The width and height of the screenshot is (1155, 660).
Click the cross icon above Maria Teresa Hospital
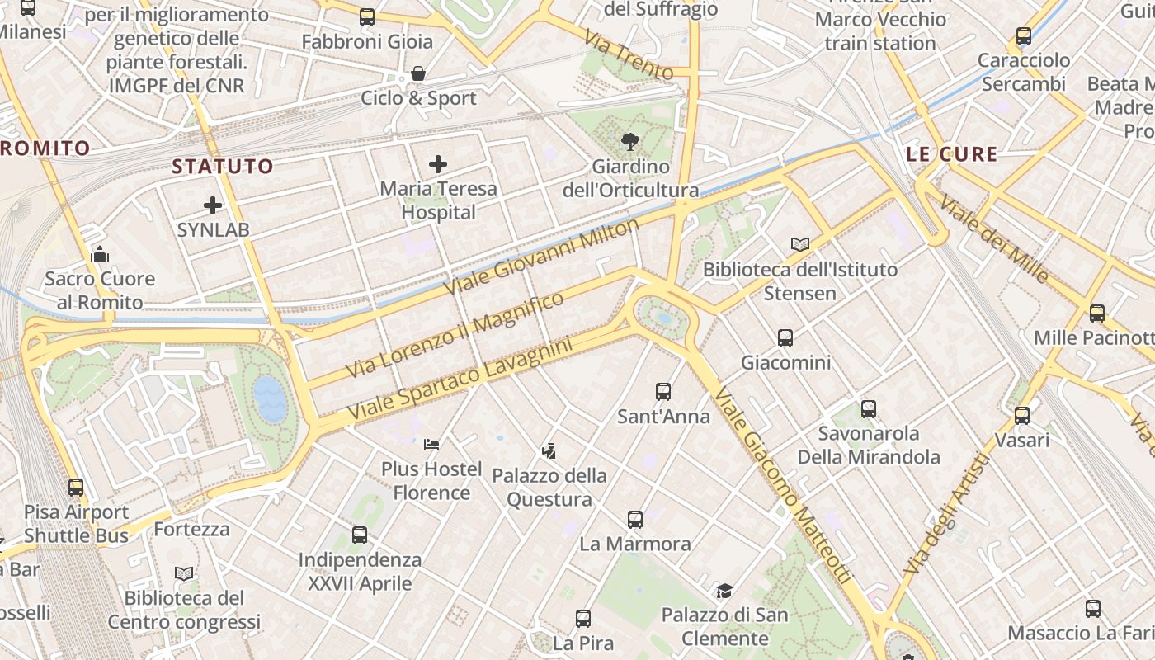(x=438, y=164)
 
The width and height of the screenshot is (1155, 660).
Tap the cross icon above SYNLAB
(x=213, y=205)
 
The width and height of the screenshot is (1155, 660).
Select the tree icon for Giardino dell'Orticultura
(x=630, y=142)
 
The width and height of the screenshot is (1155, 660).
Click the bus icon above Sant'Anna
(x=663, y=392)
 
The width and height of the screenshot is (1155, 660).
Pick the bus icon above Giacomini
(x=785, y=338)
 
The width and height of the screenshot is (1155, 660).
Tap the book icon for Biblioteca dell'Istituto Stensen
(x=799, y=244)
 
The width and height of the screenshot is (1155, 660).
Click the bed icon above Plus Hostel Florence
(x=431, y=445)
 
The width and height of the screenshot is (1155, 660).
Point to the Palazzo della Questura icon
(x=549, y=451)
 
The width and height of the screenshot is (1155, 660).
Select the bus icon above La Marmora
(x=634, y=520)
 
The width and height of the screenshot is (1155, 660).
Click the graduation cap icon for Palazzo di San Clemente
(x=724, y=591)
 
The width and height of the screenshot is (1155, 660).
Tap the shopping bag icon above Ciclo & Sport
(x=418, y=73)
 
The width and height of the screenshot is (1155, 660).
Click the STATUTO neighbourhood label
(x=222, y=166)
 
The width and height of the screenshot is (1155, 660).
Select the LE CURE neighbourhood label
(x=951, y=154)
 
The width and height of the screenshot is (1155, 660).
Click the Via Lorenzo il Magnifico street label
(x=455, y=334)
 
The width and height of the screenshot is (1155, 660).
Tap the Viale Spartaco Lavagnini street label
(x=460, y=379)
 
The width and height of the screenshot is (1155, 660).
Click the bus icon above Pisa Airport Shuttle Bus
(x=76, y=488)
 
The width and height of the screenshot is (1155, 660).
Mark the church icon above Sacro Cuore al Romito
(x=100, y=254)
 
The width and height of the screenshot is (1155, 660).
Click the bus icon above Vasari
(x=1022, y=416)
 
